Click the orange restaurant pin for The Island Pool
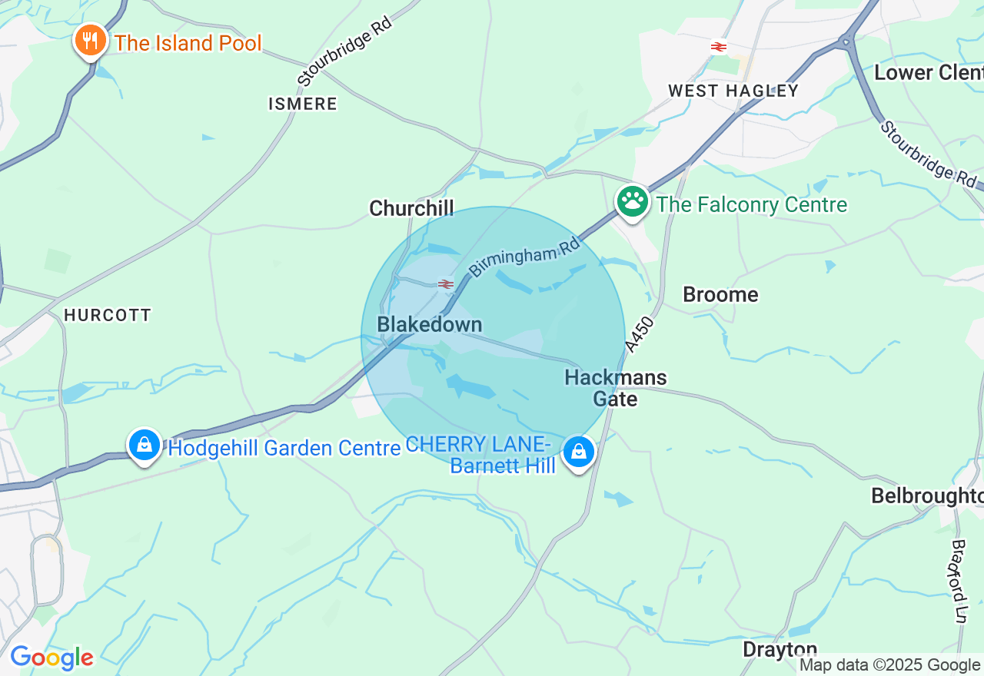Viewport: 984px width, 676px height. (x=91, y=41)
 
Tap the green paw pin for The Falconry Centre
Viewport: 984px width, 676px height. (x=633, y=202)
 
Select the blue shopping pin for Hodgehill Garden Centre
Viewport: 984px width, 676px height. (x=144, y=445)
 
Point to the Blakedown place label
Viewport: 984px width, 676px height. (x=430, y=325)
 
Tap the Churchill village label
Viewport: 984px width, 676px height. (x=411, y=208)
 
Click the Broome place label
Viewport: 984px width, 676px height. (x=720, y=295)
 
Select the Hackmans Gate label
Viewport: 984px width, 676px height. (x=616, y=388)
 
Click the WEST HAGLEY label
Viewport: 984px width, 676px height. (x=733, y=91)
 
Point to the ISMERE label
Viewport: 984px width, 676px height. (x=303, y=104)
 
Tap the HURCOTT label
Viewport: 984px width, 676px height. (x=108, y=315)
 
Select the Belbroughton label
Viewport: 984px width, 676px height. (x=926, y=496)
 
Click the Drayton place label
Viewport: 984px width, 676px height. (x=780, y=650)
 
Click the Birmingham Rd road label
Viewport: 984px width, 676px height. (x=524, y=257)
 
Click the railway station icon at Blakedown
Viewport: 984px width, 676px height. (x=446, y=285)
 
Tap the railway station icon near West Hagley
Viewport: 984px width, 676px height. (x=719, y=47)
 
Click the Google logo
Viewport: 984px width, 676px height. (x=52, y=658)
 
